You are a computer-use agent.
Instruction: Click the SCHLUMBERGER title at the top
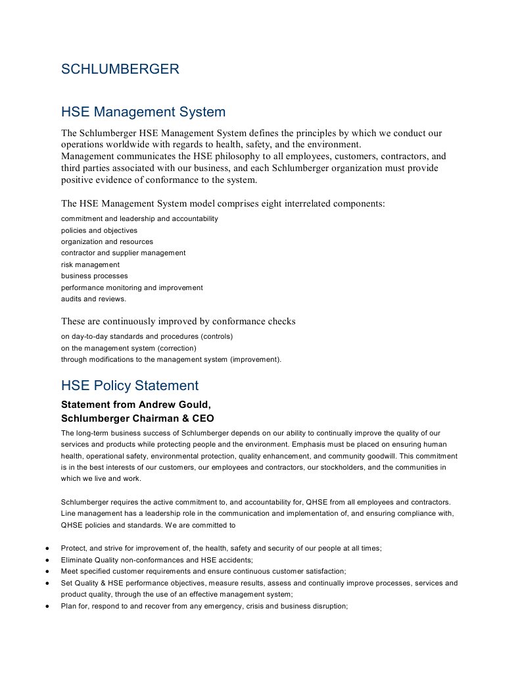pyautogui.click(x=120, y=69)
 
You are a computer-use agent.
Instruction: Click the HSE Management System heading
pyautogui.click(x=143, y=112)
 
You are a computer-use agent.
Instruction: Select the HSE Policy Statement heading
pyautogui.click(x=130, y=386)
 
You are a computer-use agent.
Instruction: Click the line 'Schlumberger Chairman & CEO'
pyautogui.click(x=137, y=418)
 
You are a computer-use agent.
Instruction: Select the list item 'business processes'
pyautogui.click(x=94, y=276)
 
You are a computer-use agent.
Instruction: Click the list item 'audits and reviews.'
pyautogui.click(x=93, y=299)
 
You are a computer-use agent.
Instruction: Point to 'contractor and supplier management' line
pyautogui.click(x=123, y=253)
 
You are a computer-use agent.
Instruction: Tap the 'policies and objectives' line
pyautogui.click(x=99, y=230)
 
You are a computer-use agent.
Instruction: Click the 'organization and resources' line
pyautogui.click(x=106, y=241)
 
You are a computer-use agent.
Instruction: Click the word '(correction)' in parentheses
pyautogui.click(x=177, y=348)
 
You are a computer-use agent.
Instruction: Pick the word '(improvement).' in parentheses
pyautogui.click(x=255, y=359)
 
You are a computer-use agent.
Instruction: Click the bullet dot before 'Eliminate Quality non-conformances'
pyautogui.click(x=46, y=560)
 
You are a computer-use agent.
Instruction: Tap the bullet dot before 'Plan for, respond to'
pyautogui.click(x=46, y=606)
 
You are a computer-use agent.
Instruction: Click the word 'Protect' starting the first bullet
pyautogui.click(x=72, y=548)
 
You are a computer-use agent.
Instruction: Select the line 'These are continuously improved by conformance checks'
pyautogui.click(x=178, y=322)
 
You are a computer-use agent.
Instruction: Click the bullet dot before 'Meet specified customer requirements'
pyautogui.click(x=46, y=571)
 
